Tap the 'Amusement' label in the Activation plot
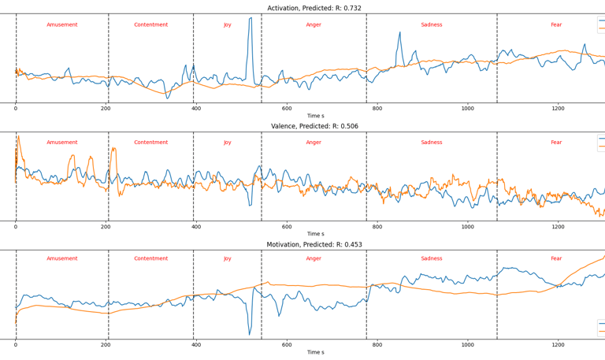pyautogui.click(x=62, y=24)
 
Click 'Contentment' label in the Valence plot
pyautogui.click(x=150, y=143)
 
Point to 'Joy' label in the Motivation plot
pyautogui.click(x=228, y=261)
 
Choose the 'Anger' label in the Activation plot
pyautogui.click(x=314, y=24)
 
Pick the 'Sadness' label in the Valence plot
pyautogui.click(x=432, y=143)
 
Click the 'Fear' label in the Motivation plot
pyautogui.click(x=556, y=261)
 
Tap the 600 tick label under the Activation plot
pyautogui.click(x=287, y=108)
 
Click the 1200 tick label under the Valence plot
pyautogui.click(x=558, y=226)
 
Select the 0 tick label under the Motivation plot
pyautogui.click(x=16, y=344)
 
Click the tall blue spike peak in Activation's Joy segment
pyautogui.click(x=251, y=18)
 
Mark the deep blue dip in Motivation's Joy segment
pyautogui.click(x=250, y=334)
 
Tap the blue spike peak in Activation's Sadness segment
pyautogui.click(x=400, y=32)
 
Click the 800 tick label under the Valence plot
pyautogui.click(x=377, y=226)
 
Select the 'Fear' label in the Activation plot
pyautogui.click(x=556, y=24)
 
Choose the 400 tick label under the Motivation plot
pyautogui.click(x=196, y=344)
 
